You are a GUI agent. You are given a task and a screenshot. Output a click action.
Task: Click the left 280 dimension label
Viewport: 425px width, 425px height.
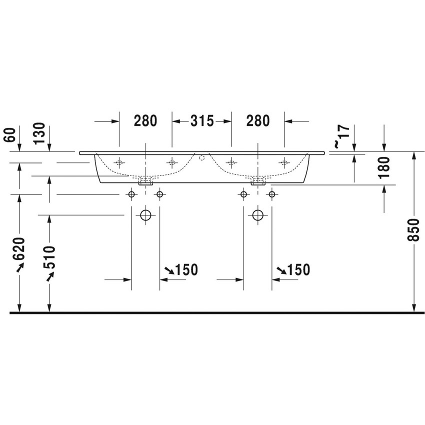[x=145, y=120]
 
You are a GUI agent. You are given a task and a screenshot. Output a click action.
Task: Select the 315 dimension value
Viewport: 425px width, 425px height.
[x=201, y=120]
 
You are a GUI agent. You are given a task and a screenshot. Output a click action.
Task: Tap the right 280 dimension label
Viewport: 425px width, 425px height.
[x=257, y=120]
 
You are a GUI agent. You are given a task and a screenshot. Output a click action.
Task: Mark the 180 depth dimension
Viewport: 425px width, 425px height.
[x=383, y=167]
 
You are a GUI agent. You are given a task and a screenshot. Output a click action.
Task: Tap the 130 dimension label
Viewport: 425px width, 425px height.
[x=40, y=134]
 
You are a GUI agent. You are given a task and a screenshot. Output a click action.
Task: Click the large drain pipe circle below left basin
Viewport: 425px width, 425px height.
[x=145, y=215]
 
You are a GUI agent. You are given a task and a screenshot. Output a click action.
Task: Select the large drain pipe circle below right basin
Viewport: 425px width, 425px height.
[x=257, y=215]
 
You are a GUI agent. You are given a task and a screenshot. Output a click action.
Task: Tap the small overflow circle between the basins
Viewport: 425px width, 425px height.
[x=202, y=158]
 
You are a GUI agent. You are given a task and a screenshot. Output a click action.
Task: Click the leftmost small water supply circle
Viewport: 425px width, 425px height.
[x=131, y=194]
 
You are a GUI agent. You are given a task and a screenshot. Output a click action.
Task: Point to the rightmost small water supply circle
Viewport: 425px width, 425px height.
[x=272, y=194]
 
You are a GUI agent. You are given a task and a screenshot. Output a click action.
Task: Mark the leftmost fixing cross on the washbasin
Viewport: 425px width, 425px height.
[x=119, y=162]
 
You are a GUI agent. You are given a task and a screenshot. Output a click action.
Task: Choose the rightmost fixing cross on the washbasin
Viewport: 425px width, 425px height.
[x=284, y=162]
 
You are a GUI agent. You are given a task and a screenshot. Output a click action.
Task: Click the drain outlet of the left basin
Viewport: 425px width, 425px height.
[x=145, y=180]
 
